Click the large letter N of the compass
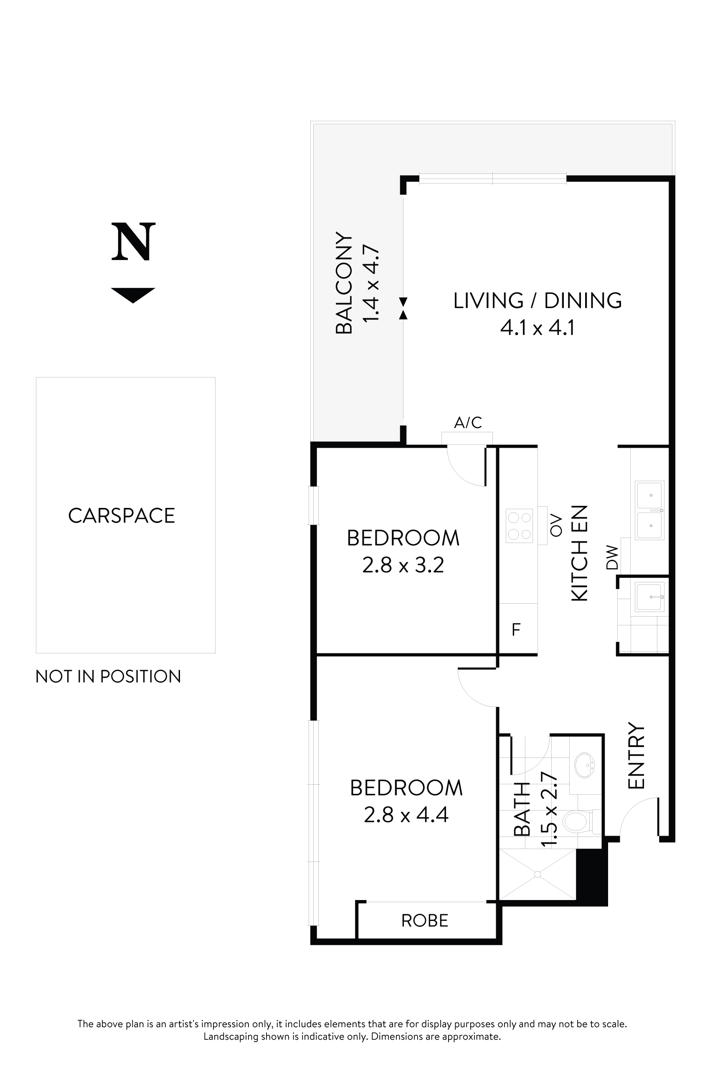[133, 242]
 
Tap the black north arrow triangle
[133, 294]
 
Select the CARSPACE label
[122, 516]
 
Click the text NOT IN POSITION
[108, 677]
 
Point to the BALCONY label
[344, 283]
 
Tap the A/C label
[468, 423]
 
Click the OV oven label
[556, 526]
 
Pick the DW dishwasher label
[612, 558]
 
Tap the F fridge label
[516, 630]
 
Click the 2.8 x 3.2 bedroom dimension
[403, 565]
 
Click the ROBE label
[425, 921]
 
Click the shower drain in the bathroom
[538, 874]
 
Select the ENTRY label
[636, 756]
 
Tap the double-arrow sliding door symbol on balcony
[403, 308]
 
